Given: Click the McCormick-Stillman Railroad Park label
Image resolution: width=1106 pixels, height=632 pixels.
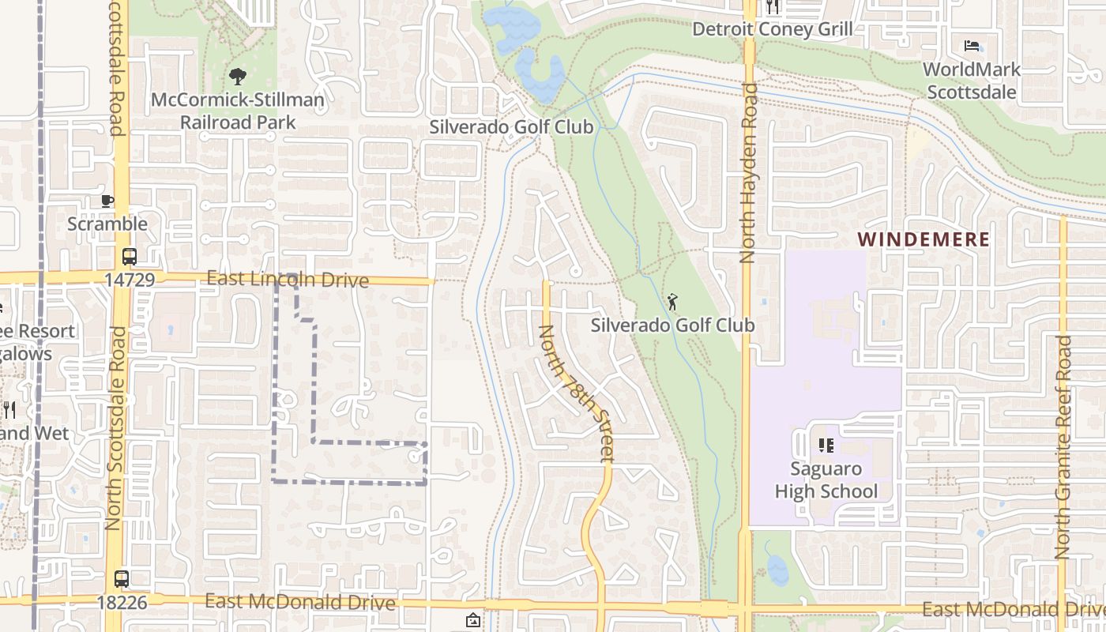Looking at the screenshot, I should coord(238,111).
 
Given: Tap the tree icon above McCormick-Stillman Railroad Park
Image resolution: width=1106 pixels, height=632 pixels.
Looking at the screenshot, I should coord(237,77).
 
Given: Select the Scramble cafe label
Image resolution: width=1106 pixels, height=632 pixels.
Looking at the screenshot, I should coord(107,224).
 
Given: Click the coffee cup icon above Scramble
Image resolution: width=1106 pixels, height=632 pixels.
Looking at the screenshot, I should coord(107,201).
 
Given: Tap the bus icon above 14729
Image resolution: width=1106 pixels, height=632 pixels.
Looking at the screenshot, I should coord(129,257).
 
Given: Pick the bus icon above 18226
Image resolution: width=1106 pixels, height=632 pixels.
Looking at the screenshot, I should coord(121,578).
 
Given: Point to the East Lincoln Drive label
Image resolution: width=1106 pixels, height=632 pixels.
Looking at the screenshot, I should coord(288,280).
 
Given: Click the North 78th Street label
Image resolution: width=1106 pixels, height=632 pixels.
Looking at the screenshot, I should coord(576,393).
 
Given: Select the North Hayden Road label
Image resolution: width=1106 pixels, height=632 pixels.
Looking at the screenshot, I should coord(748,172).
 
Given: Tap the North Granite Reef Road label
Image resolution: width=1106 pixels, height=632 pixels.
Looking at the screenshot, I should coord(1063,447).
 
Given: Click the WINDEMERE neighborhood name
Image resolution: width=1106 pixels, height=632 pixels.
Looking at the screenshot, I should coord(924,239).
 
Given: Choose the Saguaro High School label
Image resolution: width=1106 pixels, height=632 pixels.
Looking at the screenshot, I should coord(826,480).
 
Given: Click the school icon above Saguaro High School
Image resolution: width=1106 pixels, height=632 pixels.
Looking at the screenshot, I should coord(826,446).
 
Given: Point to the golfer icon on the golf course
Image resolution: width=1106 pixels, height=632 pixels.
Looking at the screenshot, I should coord(672,302).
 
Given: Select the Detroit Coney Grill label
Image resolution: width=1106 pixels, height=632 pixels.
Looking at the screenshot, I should coord(772,29).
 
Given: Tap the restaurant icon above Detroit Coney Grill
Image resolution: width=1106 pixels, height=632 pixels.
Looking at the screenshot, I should coord(773,7).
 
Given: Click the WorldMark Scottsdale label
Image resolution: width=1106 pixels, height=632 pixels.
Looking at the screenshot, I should coord(971,81).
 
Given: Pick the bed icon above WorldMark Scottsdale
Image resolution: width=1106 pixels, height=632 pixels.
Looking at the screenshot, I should coord(972,46).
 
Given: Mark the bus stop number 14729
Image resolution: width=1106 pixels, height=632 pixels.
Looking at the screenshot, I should coord(129,280).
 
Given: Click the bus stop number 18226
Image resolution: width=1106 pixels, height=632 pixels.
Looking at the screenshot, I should coord(122,602).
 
